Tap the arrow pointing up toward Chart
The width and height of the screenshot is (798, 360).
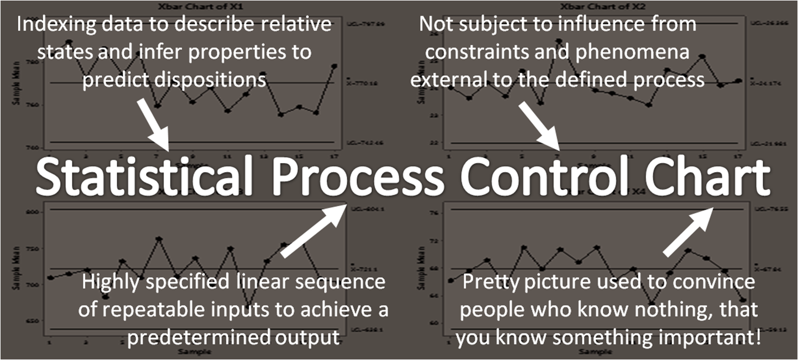[689, 231]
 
